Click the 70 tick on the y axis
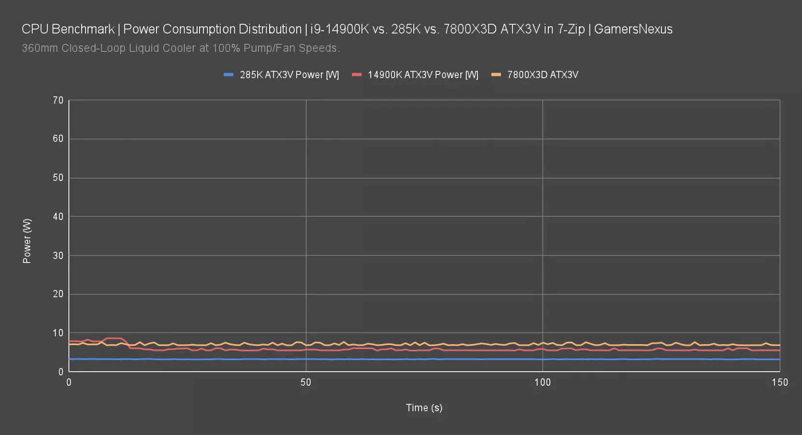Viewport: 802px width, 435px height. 58,101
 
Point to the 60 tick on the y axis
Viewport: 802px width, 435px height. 58,139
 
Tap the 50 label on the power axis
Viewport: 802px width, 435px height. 58,178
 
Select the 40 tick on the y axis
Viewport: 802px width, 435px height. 58,217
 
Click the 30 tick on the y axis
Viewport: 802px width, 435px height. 58,256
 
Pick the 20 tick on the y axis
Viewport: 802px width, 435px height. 58,294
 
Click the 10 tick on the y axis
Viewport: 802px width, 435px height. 58,333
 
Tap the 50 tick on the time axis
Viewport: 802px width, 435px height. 306,382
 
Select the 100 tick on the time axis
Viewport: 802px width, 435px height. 543,382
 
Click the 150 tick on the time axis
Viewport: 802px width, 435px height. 779,382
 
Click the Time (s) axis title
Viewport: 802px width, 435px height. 424,408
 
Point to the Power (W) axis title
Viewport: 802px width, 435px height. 27,241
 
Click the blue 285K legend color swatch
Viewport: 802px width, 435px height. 229,75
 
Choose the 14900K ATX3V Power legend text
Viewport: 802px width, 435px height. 423,75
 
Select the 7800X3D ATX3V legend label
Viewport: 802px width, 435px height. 543,75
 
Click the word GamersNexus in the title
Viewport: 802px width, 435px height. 633,29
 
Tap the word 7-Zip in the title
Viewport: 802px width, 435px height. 571,29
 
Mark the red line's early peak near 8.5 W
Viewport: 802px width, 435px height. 114,338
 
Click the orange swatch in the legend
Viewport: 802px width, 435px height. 496,75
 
